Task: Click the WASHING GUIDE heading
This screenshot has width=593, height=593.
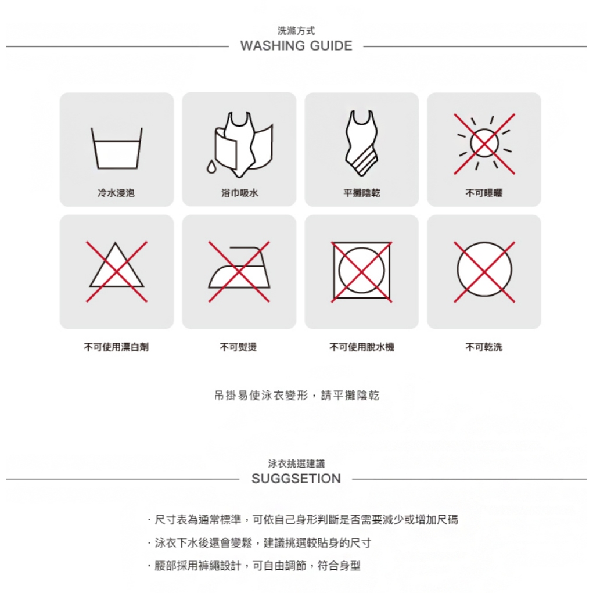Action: coord(296,46)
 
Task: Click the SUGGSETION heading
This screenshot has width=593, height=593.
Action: coord(296,479)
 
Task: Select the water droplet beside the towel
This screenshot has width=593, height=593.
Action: coord(211,166)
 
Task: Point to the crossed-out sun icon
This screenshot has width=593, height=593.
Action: coord(484,143)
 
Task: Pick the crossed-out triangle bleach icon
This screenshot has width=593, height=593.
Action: coord(117,272)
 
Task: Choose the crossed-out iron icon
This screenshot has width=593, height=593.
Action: coord(239,272)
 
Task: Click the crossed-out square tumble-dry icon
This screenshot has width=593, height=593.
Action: coord(361,272)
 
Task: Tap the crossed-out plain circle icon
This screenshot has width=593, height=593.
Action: coord(484,272)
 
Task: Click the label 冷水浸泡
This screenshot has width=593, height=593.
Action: coord(116,193)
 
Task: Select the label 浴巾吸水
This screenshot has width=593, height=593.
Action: coord(239,193)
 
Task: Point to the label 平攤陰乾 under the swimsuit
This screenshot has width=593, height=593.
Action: coord(362,193)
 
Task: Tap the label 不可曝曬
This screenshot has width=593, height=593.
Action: coord(484,193)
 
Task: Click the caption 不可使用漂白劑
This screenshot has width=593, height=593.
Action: coord(116,347)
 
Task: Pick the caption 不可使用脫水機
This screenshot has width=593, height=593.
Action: coord(362,347)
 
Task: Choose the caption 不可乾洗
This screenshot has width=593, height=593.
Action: coord(484,347)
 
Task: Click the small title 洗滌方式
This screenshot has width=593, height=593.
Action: coord(296,31)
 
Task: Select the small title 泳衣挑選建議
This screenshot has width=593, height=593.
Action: coord(296,463)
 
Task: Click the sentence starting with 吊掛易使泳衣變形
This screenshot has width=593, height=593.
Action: coord(296,396)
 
